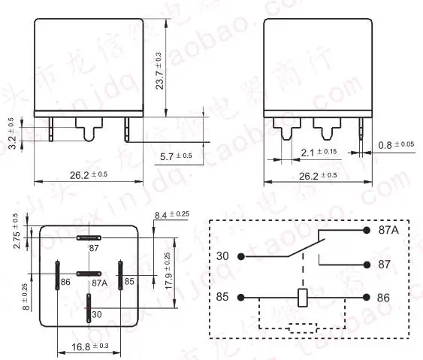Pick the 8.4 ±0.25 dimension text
[171, 216]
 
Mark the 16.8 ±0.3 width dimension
[88, 346]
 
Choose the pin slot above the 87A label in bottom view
[89, 274]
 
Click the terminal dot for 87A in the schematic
[366, 230]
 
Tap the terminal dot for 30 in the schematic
[241, 256]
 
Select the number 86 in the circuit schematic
[383, 298]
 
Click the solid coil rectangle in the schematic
[304, 297]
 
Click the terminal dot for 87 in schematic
[366, 265]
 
